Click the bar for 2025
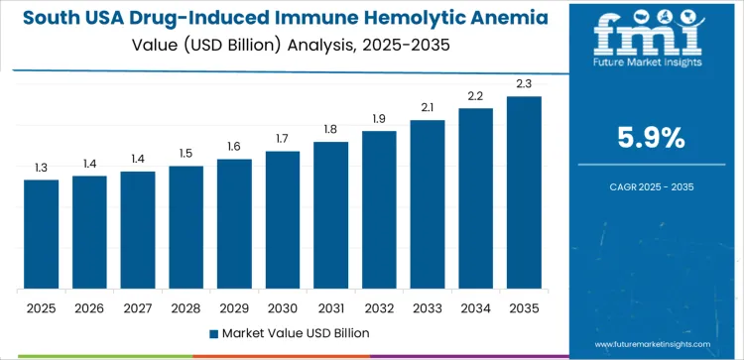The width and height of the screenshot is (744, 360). (x=42, y=235)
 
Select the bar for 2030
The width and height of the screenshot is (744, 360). (x=283, y=220)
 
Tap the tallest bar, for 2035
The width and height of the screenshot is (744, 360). (x=524, y=193)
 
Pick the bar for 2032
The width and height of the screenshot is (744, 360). (x=379, y=210)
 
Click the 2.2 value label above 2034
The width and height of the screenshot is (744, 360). (x=476, y=95)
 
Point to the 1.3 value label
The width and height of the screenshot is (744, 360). (x=42, y=168)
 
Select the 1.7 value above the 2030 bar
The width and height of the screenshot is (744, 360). (x=283, y=139)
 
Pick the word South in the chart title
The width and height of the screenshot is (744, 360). (x=48, y=17)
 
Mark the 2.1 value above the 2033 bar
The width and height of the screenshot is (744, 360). (x=428, y=107)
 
